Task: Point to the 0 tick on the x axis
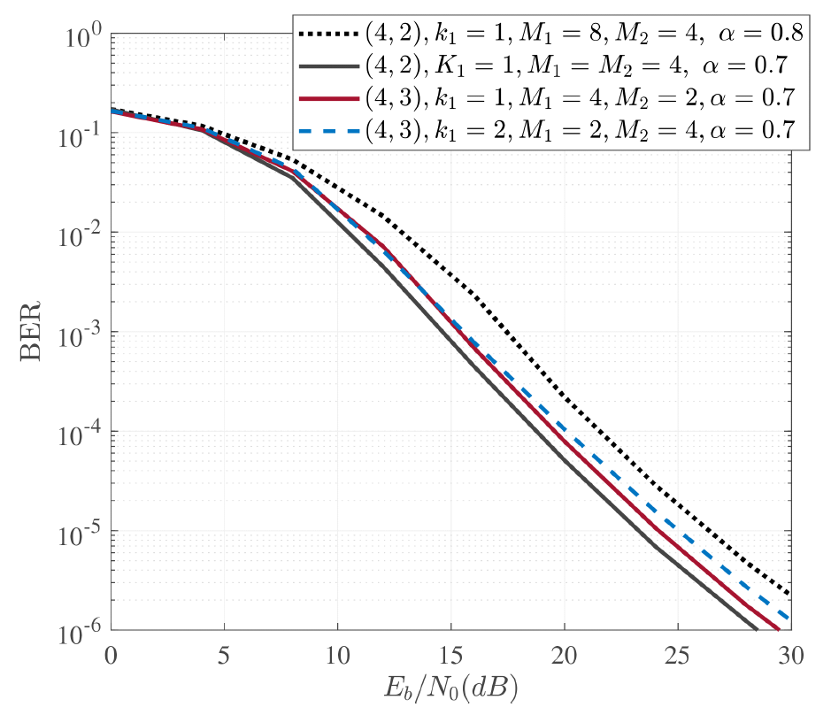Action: click(111, 657)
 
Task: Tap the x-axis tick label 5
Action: click(224, 657)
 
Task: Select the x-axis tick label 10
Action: click(337, 657)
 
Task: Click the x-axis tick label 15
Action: click(451, 657)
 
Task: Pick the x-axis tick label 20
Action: click(565, 657)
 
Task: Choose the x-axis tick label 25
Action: click(678, 657)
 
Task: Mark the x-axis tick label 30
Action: click(791, 657)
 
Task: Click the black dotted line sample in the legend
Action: click(328, 35)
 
